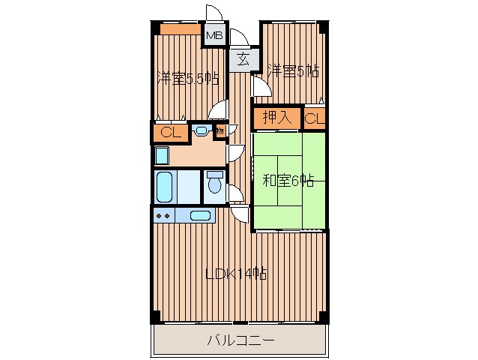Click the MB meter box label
pos(215,36)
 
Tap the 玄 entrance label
pos(243,59)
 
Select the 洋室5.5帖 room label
pos(188,79)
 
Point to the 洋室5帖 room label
pos(293,71)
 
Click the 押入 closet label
pos(277,118)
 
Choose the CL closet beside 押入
pos(315,118)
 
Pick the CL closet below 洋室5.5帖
pos(170,133)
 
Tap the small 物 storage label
pos(220,132)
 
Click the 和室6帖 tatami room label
pos(288,181)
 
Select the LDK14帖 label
pos(236,274)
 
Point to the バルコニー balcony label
pos(240,340)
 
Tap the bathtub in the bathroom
pos(165,187)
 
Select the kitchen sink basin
pos(200,216)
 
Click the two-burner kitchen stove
pos(163,216)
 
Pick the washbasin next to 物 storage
pos(201,130)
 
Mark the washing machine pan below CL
pos(162,156)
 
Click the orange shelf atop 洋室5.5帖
pos(181,29)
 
